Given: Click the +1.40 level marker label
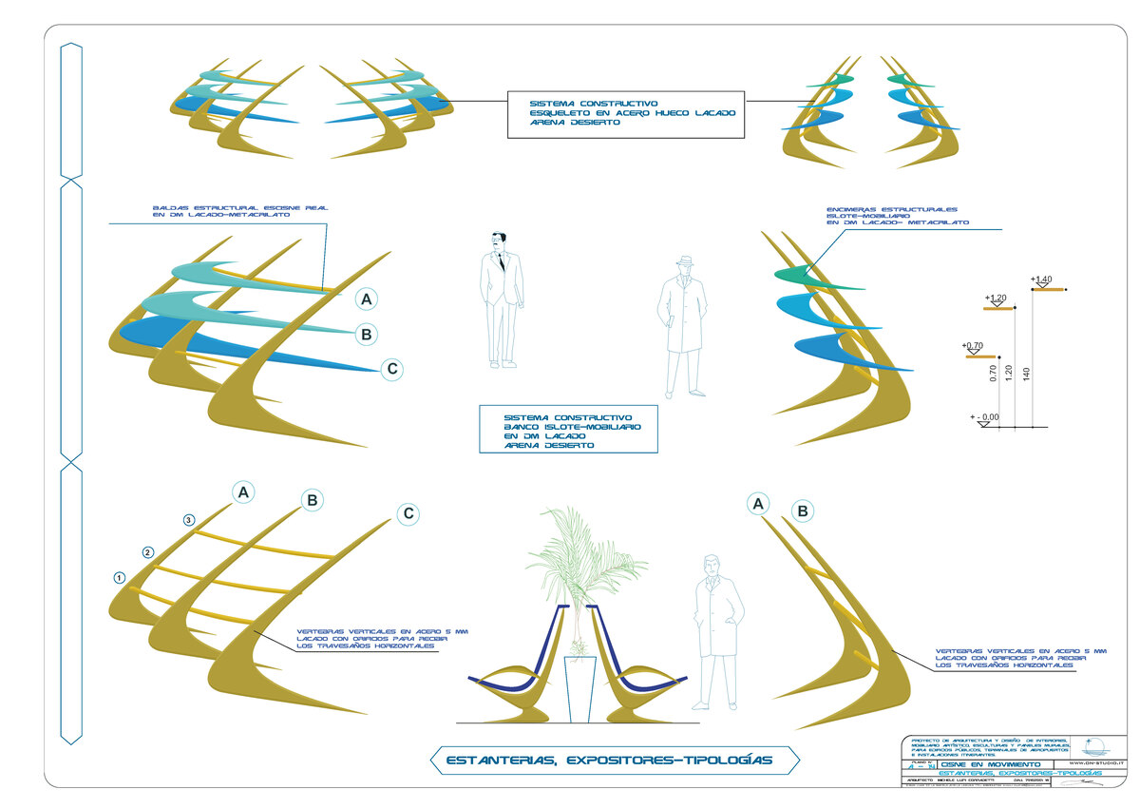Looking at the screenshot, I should [x=1042, y=279].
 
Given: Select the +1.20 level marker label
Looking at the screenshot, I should [x=997, y=298].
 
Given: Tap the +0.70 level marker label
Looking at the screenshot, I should [x=972, y=345].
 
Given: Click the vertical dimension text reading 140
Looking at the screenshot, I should [x=1027, y=374].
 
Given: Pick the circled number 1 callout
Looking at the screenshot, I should [x=120, y=577].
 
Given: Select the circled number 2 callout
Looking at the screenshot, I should [x=147, y=552].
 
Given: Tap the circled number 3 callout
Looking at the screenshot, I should [x=189, y=520].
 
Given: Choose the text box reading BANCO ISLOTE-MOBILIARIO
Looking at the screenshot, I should [x=569, y=431].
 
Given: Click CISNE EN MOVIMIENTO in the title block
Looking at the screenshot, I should [x=968, y=763].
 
